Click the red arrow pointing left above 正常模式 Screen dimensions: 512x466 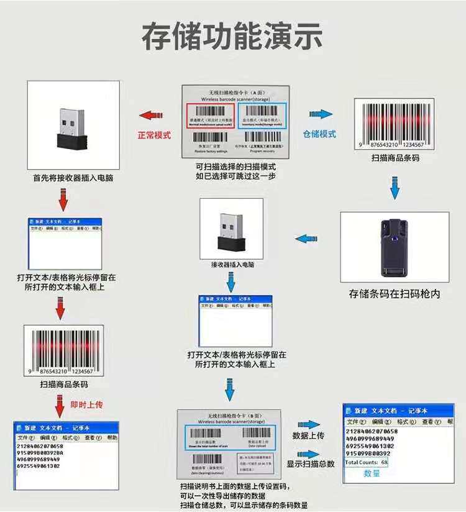click(152, 116)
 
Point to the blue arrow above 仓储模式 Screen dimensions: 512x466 click(319, 116)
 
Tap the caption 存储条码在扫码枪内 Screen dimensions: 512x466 click(395, 294)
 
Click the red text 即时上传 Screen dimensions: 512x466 click(86, 405)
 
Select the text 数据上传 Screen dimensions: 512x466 click(308, 436)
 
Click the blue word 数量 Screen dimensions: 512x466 click(372, 473)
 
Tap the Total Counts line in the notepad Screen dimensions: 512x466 click(367, 462)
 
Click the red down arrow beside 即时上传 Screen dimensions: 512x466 click(60, 405)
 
